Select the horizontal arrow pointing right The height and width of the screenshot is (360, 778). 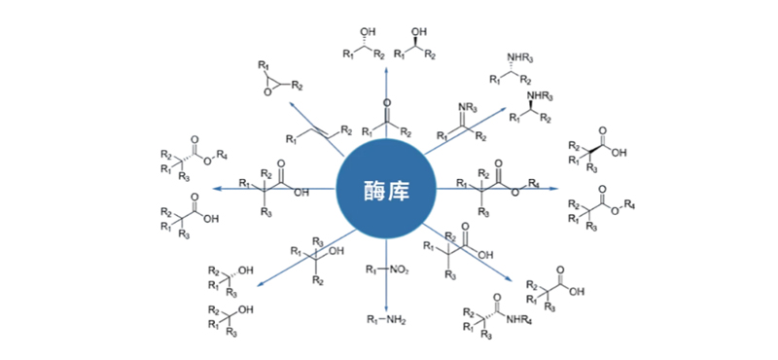[545, 186]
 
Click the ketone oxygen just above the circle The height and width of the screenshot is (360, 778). [387, 102]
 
